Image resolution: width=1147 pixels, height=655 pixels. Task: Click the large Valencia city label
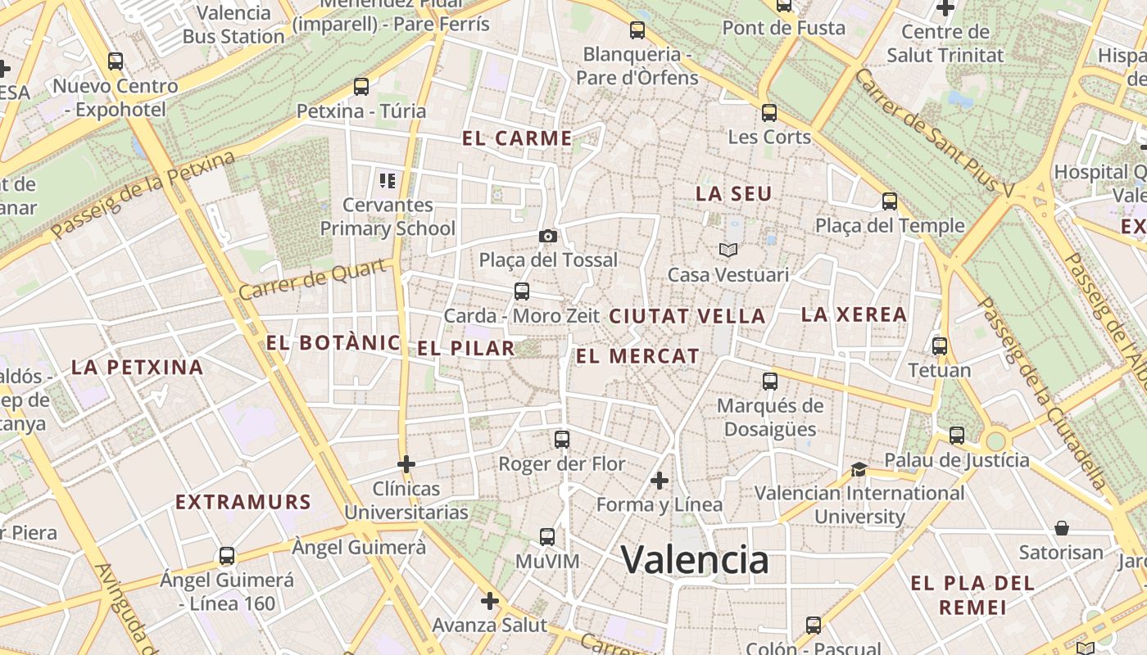[695, 561]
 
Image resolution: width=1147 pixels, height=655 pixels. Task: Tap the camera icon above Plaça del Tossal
[548, 236]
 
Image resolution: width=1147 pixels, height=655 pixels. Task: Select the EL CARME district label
[517, 138]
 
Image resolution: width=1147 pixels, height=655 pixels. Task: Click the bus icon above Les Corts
[768, 113]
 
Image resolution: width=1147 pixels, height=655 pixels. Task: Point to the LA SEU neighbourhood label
[734, 194]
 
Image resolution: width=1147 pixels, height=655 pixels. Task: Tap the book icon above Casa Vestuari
[728, 250]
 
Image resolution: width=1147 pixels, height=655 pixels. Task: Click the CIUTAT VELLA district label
[687, 316]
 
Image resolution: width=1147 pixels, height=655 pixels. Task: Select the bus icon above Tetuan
[939, 346]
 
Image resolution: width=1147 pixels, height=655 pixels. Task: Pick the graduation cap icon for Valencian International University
[859, 469]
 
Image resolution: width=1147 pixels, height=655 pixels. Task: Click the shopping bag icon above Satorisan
[1061, 528]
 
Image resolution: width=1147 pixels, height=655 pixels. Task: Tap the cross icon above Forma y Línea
[659, 481]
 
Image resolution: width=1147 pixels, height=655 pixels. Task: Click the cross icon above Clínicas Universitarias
[406, 464]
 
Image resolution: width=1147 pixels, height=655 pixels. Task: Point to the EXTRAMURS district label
[243, 502]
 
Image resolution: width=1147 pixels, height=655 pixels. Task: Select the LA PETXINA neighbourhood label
[138, 367]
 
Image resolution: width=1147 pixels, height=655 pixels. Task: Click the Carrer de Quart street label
[312, 278]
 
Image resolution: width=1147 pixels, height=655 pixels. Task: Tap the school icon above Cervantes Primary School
[387, 180]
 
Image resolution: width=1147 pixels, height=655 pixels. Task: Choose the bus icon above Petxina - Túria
[360, 86]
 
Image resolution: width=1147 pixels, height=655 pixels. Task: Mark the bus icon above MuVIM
[547, 537]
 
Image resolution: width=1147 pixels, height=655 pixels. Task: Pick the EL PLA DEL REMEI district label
[972, 595]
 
